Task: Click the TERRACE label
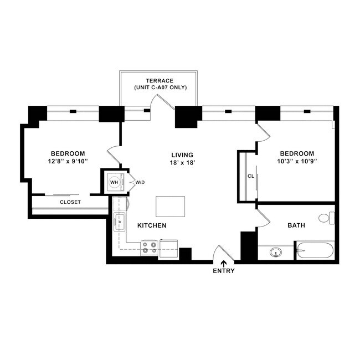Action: point(160,81)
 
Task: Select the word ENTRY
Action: point(224,271)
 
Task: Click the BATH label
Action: point(296,226)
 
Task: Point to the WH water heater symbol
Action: point(114,182)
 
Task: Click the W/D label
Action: point(140,182)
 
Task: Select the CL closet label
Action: point(250,177)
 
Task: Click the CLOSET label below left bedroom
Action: point(70,202)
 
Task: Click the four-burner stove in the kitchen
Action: point(148,247)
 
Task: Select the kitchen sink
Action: point(120,223)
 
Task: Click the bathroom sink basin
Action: point(275,253)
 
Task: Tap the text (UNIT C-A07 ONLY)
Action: point(160,88)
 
